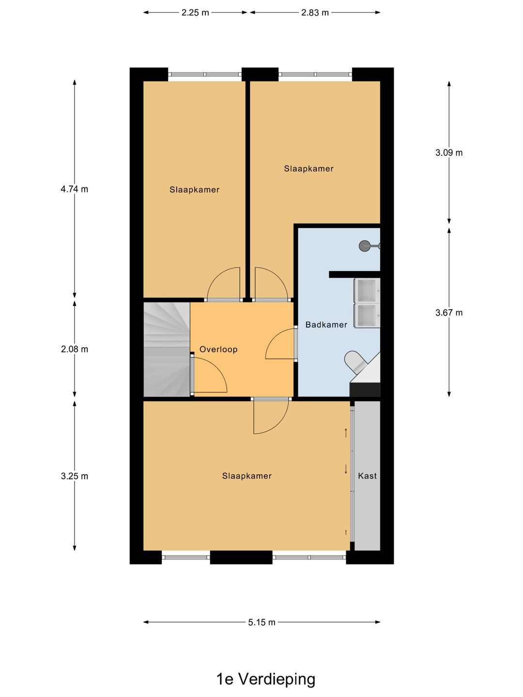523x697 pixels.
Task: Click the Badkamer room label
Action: click(326, 324)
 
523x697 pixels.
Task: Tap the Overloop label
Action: click(218, 349)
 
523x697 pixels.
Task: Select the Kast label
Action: click(368, 476)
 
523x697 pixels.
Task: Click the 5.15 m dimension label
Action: click(261, 622)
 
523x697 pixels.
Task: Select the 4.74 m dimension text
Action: click(74, 189)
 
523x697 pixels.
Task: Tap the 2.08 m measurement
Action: click(74, 349)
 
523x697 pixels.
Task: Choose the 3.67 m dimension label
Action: click(449, 313)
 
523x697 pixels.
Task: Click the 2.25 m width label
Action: click(195, 13)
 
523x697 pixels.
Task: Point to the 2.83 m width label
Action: click(315, 13)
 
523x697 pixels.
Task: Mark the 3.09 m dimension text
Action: click(449, 153)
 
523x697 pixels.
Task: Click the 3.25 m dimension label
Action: click(74, 476)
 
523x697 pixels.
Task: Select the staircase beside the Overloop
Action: click(167, 349)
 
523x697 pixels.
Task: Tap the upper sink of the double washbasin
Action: click(368, 291)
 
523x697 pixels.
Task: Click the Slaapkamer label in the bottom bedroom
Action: click(247, 476)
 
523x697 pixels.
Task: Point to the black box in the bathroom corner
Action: click(365, 390)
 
